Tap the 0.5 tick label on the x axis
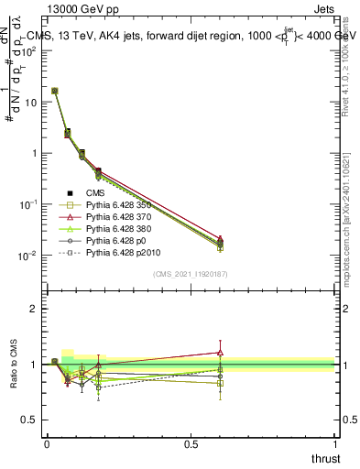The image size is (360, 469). coord(191,444)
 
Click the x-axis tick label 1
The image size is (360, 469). coord(336,444)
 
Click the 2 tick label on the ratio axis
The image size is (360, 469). coord(33,309)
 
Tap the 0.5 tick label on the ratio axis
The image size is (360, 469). coord(29,420)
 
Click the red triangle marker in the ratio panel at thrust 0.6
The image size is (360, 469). coord(220,352)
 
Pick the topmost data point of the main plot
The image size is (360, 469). coord(55,91)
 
